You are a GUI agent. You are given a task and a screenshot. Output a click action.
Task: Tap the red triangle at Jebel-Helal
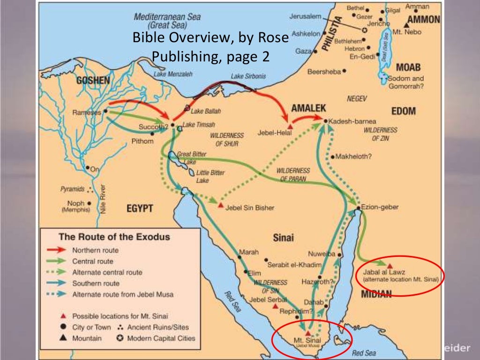click(290, 127)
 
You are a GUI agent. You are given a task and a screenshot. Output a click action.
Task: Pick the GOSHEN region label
click(93, 80)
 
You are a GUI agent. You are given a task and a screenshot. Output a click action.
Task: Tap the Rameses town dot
click(106, 112)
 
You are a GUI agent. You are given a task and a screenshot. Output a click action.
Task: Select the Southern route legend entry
click(96, 283)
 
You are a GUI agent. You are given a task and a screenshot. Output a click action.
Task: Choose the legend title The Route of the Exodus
click(114, 237)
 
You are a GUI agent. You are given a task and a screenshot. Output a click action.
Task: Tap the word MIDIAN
click(376, 293)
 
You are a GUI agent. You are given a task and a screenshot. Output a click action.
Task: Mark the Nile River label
click(103, 199)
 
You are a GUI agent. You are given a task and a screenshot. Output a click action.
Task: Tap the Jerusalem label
click(305, 16)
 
